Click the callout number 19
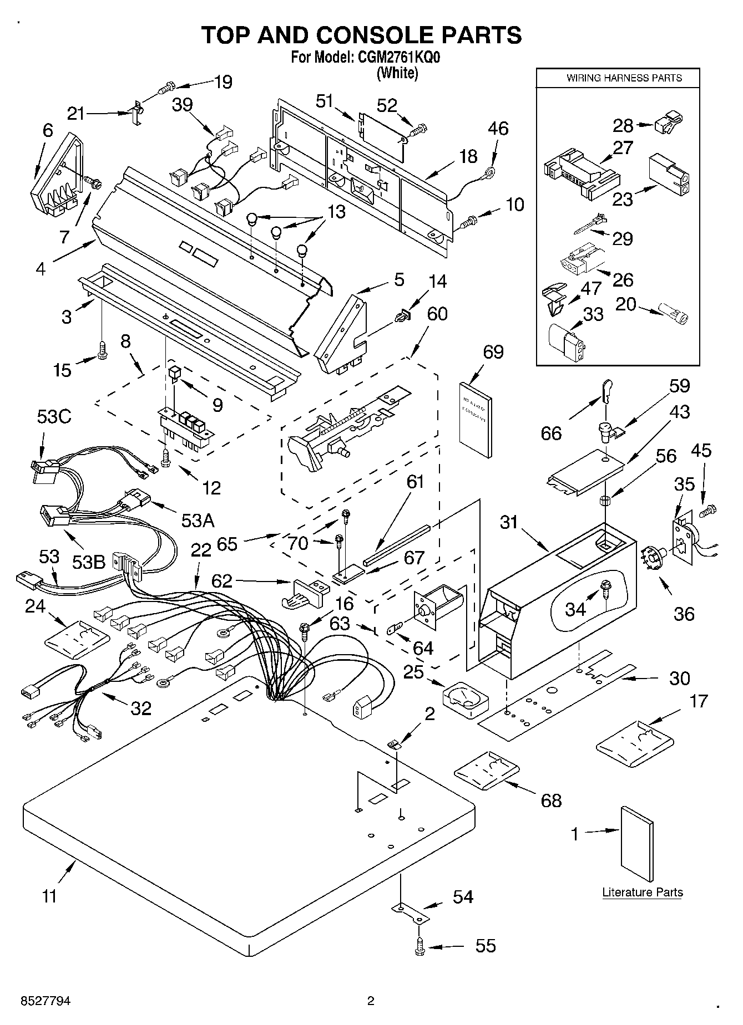pyautogui.click(x=223, y=82)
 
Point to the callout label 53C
pyautogui.click(x=54, y=417)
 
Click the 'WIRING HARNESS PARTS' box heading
pyautogui.click(x=624, y=78)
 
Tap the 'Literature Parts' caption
pyautogui.click(x=642, y=892)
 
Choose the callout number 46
pyautogui.click(x=498, y=129)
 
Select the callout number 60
pyautogui.click(x=437, y=314)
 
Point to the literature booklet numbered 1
pyautogui.click(x=636, y=843)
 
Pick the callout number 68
pyautogui.click(x=551, y=800)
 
